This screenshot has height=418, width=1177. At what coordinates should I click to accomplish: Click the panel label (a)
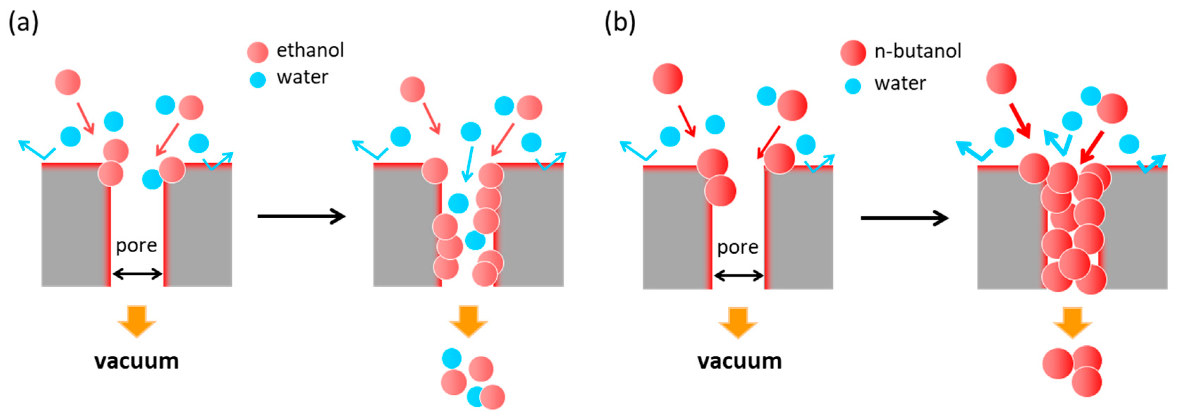tap(23, 23)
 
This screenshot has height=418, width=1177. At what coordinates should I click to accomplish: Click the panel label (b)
tap(620, 23)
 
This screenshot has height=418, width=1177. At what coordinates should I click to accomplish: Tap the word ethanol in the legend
tap(310, 50)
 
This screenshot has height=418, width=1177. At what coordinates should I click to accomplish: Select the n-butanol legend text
tap(918, 51)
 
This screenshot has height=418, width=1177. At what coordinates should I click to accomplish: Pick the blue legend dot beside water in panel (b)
tap(853, 85)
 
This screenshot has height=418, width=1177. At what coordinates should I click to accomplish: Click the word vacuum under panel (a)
tap(137, 361)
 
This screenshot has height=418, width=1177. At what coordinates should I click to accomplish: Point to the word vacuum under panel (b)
tap(739, 361)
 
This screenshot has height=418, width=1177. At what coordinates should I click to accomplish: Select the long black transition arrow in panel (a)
tap(301, 216)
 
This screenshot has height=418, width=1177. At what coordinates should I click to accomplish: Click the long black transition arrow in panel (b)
tap(904, 218)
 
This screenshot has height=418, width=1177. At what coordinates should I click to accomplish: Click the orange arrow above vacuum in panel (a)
tap(137, 321)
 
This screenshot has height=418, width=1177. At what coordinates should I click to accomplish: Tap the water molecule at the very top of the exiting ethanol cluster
tap(452, 358)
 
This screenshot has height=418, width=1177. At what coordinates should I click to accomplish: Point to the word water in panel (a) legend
tap(302, 78)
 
